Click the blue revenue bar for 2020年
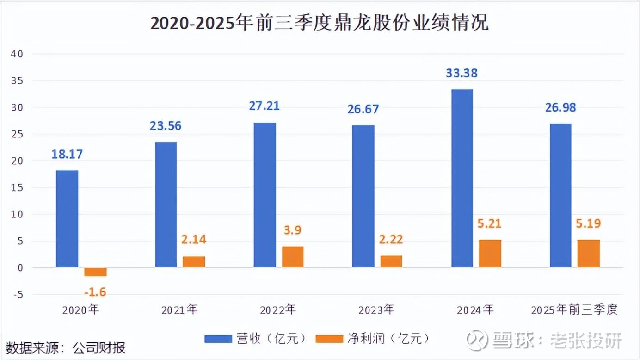[x=67, y=219]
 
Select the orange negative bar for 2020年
[x=96, y=272]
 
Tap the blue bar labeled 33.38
[x=462, y=178]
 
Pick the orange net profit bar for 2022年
[x=293, y=257]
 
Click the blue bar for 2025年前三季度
[x=560, y=195]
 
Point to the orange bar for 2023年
[x=391, y=261]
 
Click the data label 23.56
[x=166, y=126]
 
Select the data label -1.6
[x=95, y=292]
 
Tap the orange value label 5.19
[x=588, y=224]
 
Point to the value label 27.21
[x=264, y=106]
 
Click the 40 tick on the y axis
[x=17, y=54]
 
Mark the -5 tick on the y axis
[x=18, y=294]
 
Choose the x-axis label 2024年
[x=475, y=310]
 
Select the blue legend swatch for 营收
[x=218, y=339]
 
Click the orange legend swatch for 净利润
[x=329, y=339]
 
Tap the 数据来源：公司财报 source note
[x=66, y=348]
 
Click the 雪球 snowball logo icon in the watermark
[x=477, y=340]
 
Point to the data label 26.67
[x=363, y=109]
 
